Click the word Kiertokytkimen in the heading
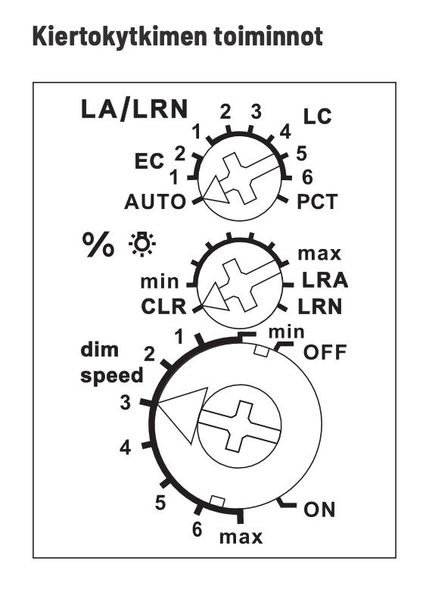pyautogui.click(x=120, y=37)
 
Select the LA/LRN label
pyautogui.click(x=134, y=110)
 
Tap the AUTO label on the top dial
pyautogui.click(x=155, y=201)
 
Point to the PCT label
pyautogui.click(x=317, y=201)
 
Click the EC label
pyautogui.click(x=149, y=161)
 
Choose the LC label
pyautogui.click(x=317, y=117)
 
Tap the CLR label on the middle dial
pyautogui.click(x=163, y=307)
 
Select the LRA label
pyautogui.click(x=325, y=280)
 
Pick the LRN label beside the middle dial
pyautogui.click(x=320, y=307)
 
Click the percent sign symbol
pyautogui.click(x=98, y=245)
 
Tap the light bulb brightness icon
pyautogui.click(x=142, y=245)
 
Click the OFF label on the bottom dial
pyautogui.click(x=325, y=352)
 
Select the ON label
pyautogui.click(x=319, y=510)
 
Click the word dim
pyautogui.click(x=99, y=350)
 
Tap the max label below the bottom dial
pyautogui.click(x=241, y=538)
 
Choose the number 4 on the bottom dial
pyautogui.click(x=126, y=447)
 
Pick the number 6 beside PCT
pyautogui.click(x=307, y=177)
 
